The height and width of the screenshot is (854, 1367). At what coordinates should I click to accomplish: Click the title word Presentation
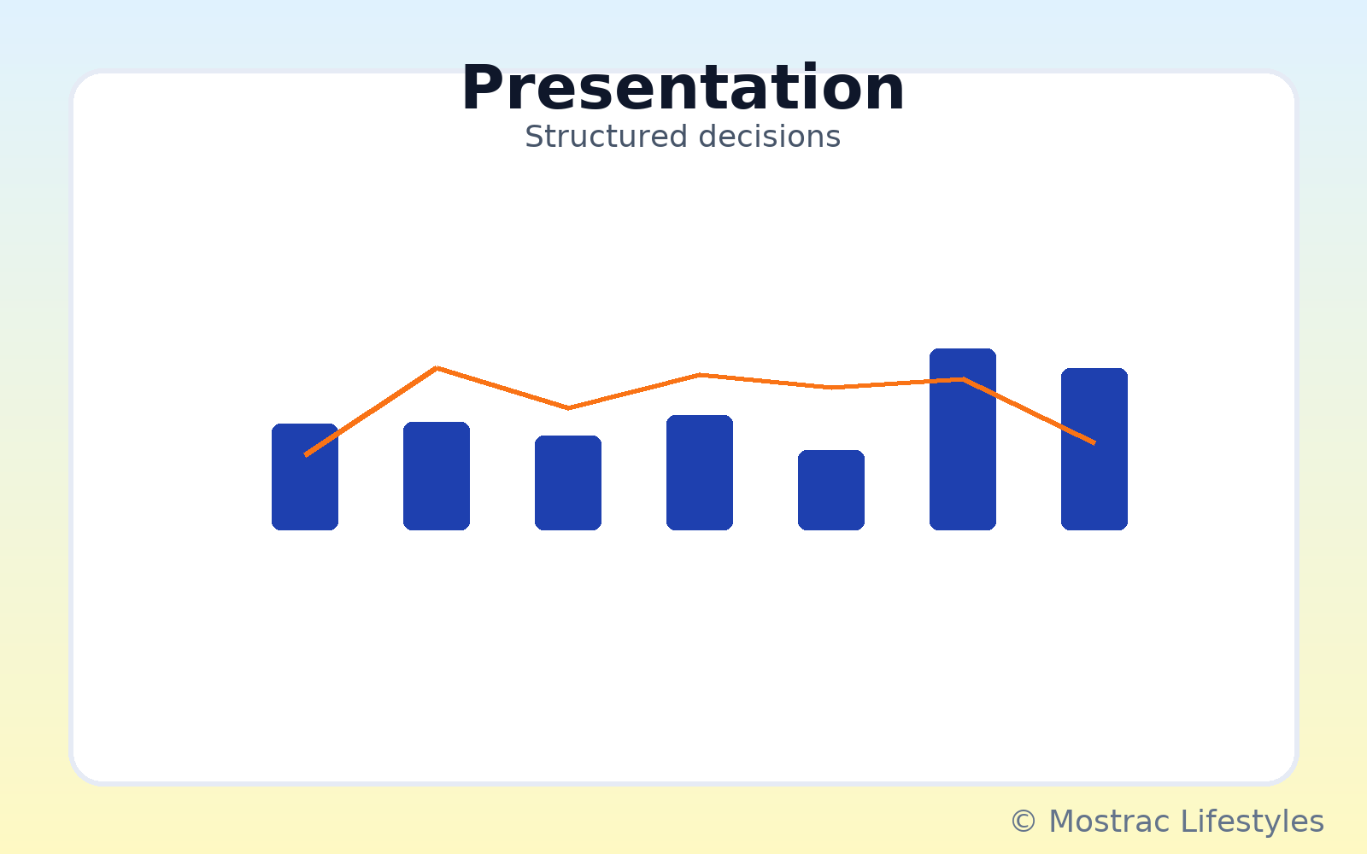pyautogui.click(x=683, y=89)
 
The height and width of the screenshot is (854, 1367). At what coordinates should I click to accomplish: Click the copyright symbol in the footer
pyautogui.click(x=1024, y=821)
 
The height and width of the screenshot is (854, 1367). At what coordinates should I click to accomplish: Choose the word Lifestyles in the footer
pyautogui.click(x=1253, y=821)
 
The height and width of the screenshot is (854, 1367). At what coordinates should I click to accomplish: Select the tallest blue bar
pyautogui.click(x=962, y=439)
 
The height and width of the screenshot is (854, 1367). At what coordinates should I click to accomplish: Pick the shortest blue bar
pyautogui.click(x=831, y=490)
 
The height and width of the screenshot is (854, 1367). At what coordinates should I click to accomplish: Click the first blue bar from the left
pyautogui.click(x=304, y=477)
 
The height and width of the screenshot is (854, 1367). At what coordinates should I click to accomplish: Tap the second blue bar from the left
pyautogui.click(x=437, y=476)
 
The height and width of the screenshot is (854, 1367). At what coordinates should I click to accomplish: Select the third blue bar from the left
pyautogui.click(x=568, y=483)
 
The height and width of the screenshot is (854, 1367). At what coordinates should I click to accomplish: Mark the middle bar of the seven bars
pyautogui.click(x=700, y=473)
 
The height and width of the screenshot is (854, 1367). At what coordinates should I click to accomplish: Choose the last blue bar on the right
pyautogui.click(x=1094, y=449)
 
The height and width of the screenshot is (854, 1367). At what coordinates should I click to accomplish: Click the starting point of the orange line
pyautogui.click(x=305, y=455)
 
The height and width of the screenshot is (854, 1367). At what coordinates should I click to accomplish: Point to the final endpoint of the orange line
pyautogui.click(x=1094, y=443)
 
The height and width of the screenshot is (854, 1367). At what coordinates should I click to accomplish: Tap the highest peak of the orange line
pyautogui.click(x=437, y=368)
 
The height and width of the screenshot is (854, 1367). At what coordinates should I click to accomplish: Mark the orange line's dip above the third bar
pyautogui.click(x=568, y=408)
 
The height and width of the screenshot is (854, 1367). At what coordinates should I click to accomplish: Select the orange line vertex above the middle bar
pyautogui.click(x=700, y=375)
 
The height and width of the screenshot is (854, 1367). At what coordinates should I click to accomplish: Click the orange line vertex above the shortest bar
pyautogui.click(x=831, y=388)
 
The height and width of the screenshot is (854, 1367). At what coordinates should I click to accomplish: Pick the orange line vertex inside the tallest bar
pyautogui.click(x=963, y=379)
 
